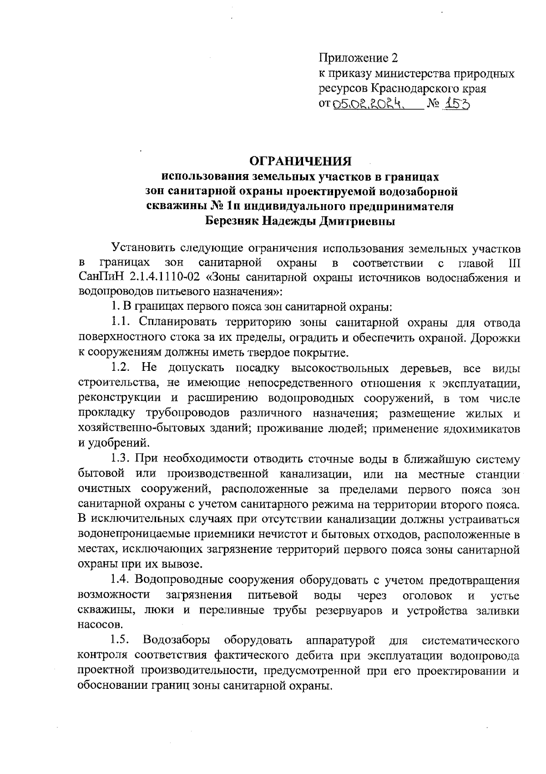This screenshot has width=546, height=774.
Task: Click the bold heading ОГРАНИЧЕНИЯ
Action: point(302,161)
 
